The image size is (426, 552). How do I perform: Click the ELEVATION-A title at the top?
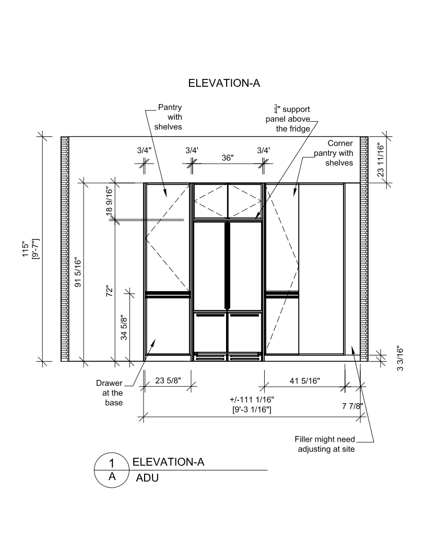point(224,83)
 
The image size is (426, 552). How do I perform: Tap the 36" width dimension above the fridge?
point(228,158)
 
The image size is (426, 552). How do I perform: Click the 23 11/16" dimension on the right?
point(380,159)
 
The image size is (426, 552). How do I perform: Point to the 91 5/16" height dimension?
point(78,272)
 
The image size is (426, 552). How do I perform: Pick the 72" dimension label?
point(110,291)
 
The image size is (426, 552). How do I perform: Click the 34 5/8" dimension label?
point(124,327)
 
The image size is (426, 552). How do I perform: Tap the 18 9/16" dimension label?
point(109,201)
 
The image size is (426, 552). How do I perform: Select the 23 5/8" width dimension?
point(168,381)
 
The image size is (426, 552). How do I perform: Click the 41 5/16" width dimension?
point(305,381)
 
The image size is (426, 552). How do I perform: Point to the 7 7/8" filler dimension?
point(352,406)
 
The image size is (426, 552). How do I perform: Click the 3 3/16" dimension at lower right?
point(400,360)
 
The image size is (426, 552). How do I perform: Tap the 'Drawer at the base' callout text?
point(110,393)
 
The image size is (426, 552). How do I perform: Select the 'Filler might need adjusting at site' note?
point(325,444)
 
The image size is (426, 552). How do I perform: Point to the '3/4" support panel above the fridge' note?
point(288,119)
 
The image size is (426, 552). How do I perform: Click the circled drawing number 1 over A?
point(111,469)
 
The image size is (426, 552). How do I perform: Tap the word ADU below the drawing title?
point(147,478)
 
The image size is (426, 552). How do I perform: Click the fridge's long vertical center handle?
point(228,265)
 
